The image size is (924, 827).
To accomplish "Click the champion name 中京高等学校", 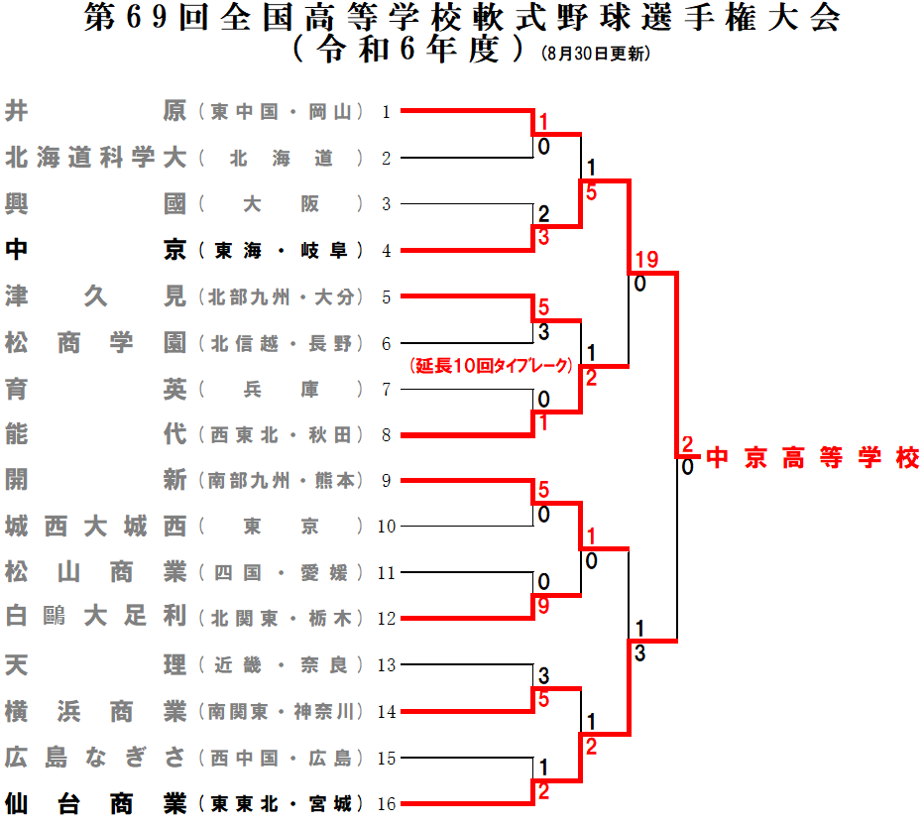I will point(813,459).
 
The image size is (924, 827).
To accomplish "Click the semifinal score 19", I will point(646,260).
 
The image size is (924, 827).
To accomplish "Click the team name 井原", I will point(95,111).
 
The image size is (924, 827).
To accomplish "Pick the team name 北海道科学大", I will point(95,158).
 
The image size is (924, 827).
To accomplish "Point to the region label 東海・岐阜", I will point(282,251).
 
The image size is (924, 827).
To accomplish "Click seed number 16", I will point(387,804).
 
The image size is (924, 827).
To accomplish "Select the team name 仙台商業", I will point(95,803).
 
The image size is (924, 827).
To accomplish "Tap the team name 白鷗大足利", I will point(95,618).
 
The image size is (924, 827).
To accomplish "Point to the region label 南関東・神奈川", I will point(282,712).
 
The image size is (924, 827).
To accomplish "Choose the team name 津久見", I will point(95,296).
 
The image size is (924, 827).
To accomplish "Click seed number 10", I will point(387,527).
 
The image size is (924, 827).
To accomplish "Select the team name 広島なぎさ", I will point(95,758).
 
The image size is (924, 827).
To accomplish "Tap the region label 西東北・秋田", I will point(282,435).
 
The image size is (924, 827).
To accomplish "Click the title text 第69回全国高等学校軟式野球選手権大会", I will point(463,19).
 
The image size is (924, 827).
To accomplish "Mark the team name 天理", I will point(95,664).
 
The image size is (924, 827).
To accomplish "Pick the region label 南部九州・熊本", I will point(282,481).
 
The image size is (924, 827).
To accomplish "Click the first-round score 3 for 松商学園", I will point(543,333).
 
